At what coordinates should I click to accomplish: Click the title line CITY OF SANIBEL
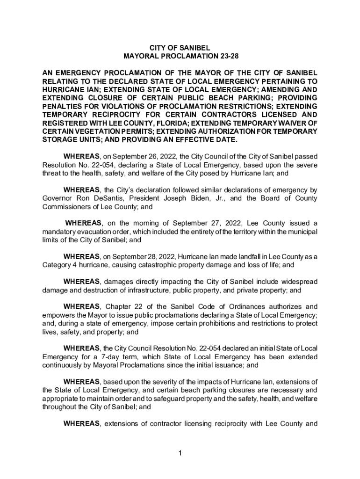pyautogui.click(x=180, y=48)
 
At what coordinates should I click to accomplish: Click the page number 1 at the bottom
pyautogui.click(x=180, y=453)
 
